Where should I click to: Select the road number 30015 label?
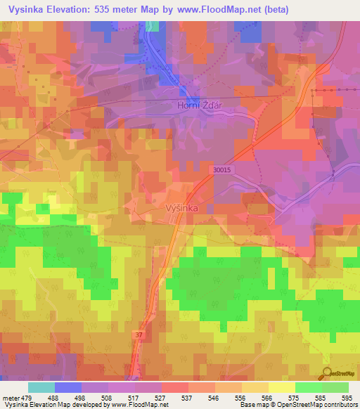(x=222, y=169)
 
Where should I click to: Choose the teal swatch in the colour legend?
(x=41, y=387)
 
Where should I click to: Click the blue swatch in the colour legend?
(x=68, y=387)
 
